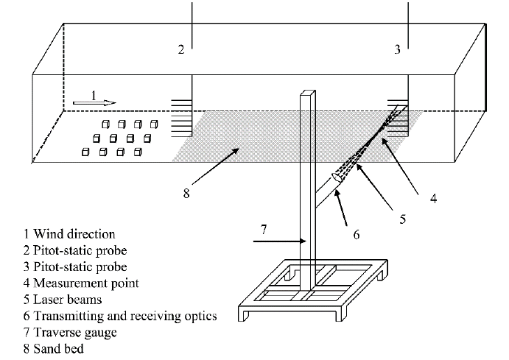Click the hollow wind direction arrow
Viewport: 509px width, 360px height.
coord(94,103)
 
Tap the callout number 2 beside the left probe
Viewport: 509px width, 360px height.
coord(181,49)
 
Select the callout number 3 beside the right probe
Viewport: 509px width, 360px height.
coord(397,49)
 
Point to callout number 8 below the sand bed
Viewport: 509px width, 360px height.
coord(186,194)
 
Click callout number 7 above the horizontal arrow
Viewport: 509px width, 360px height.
coord(264,229)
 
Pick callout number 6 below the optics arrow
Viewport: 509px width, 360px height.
coord(357,234)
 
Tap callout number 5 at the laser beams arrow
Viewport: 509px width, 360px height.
coord(402,219)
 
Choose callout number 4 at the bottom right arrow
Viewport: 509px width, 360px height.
coord(434,198)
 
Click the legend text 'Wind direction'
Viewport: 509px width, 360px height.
coord(74,234)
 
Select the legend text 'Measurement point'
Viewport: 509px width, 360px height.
coord(86,283)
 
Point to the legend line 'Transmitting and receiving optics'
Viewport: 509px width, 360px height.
coord(120,316)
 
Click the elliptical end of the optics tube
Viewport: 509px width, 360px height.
coord(337,177)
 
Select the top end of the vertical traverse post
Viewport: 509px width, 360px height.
coord(308,93)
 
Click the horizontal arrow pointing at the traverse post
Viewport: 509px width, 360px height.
coord(279,241)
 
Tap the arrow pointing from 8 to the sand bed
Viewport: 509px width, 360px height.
coord(216,166)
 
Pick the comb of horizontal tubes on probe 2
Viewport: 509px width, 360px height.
coord(182,118)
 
